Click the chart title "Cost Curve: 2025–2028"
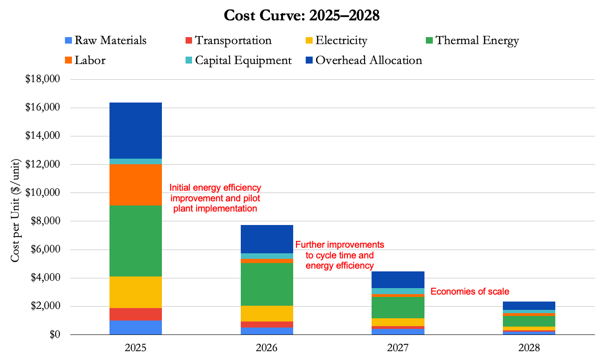click(x=302, y=15)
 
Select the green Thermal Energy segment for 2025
click(x=135, y=241)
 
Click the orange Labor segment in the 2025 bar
click(x=135, y=185)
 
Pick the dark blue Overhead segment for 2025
click(x=135, y=130)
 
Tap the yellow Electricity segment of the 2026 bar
click(x=267, y=313)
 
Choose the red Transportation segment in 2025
click(x=135, y=314)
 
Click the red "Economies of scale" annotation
click(x=470, y=292)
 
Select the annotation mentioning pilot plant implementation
click(x=215, y=198)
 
